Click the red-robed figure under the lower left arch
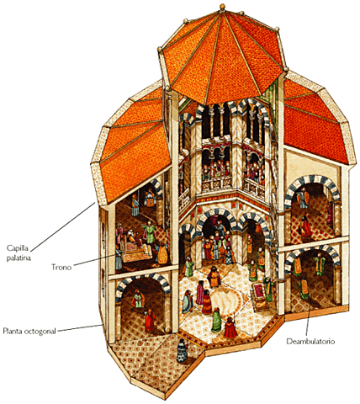click(150, 320)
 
